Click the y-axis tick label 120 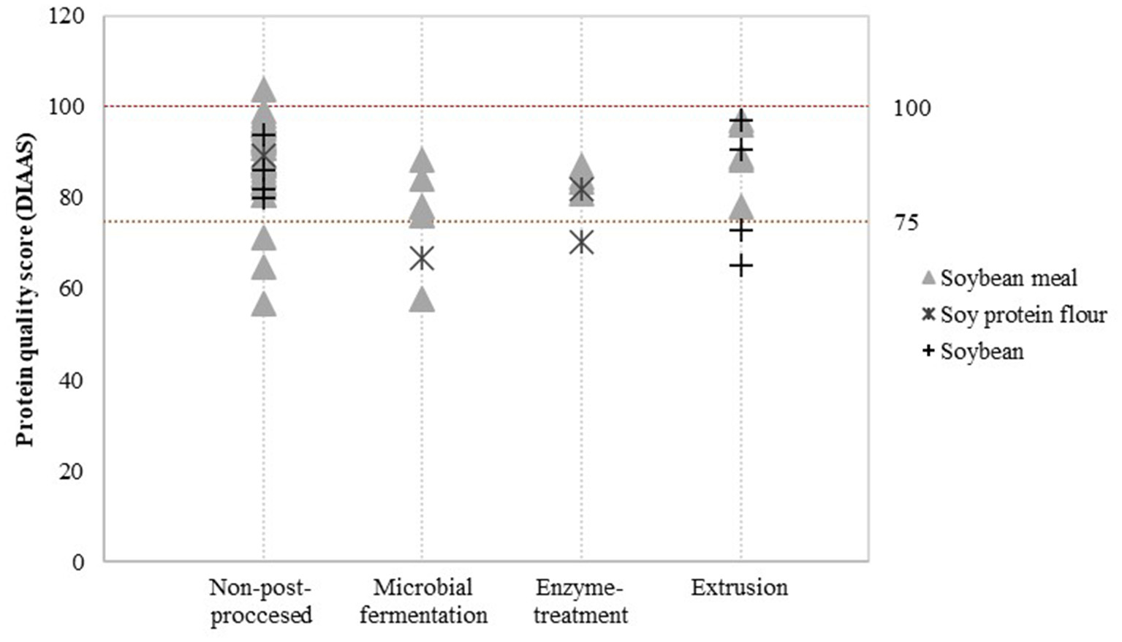(x=67, y=15)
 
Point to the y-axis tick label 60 (x=71, y=289)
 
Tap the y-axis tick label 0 (x=77, y=562)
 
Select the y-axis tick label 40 (x=71, y=380)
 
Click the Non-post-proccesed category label (x=261, y=601)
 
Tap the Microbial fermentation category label (x=423, y=601)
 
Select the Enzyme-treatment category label (x=580, y=601)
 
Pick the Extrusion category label (x=739, y=588)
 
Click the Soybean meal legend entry (x=999, y=278)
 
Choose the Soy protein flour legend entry (x=1014, y=315)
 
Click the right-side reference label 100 (x=911, y=108)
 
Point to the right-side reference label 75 (x=906, y=222)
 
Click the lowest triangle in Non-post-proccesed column (x=263, y=304)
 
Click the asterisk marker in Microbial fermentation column (x=422, y=258)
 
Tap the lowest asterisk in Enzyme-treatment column (x=581, y=242)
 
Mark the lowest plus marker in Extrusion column (x=740, y=265)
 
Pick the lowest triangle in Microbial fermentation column (x=422, y=300)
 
